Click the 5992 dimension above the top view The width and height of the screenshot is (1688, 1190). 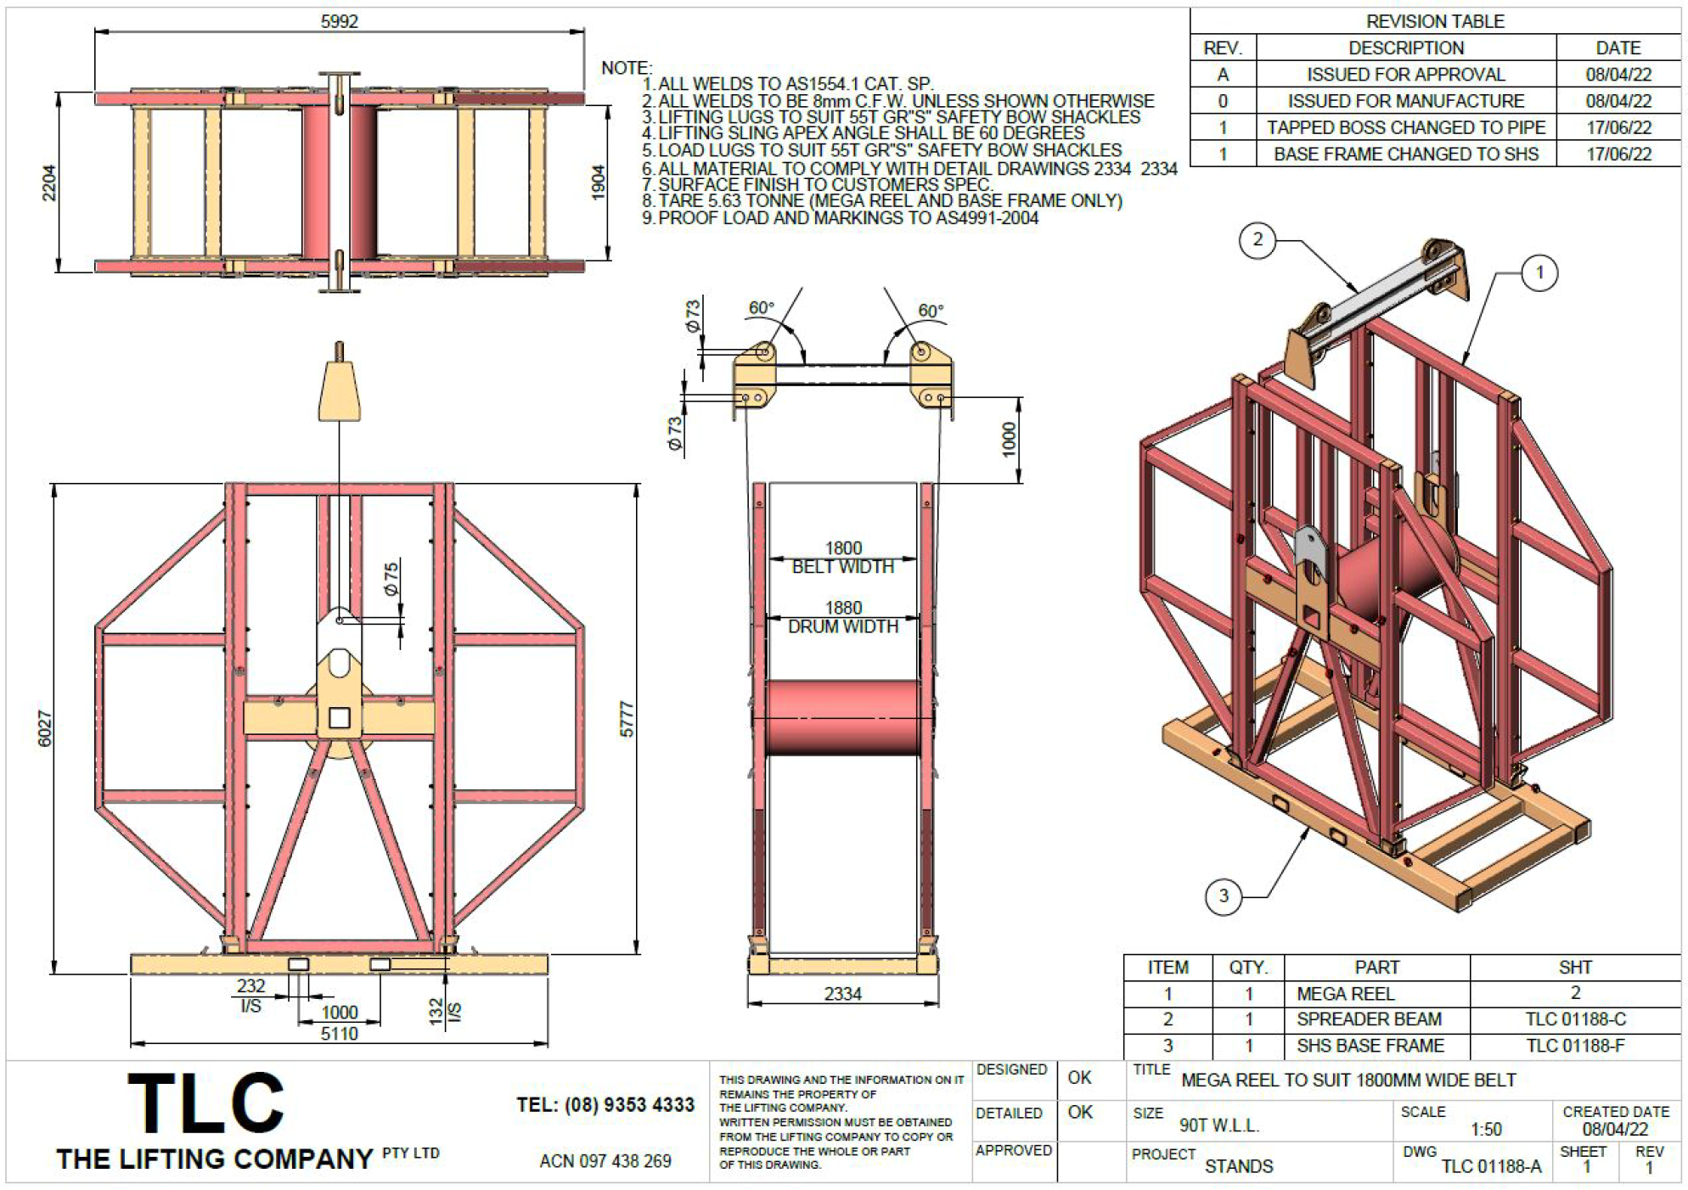pos(340,21)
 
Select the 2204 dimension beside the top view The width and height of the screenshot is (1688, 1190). pos(49,182)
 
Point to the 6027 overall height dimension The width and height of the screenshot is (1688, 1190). pos(45,729)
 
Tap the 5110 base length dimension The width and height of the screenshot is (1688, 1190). pos(339,1034)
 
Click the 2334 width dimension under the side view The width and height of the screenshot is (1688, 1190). pos(842,994)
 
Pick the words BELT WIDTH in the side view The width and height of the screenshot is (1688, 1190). pos(842,567)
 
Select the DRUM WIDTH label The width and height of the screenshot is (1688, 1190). pos(842,626)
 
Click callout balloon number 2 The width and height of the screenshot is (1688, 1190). pos(1258,240)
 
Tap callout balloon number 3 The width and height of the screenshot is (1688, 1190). pos(1224,896)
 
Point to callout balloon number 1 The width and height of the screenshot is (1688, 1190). pos(1540,273)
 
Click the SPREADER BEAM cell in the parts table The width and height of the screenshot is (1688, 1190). pos(1369,1019)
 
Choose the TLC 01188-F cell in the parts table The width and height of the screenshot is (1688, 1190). pos(1575,1046)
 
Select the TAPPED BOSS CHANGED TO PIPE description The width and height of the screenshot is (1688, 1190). pos(1406,128)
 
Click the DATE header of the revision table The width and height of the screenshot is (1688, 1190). pos(1618,48)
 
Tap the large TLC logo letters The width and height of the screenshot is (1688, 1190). pos(206,1103)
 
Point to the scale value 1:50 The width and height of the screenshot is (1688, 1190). pos(1487,1130)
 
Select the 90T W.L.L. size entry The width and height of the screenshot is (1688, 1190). pos(1219,1126)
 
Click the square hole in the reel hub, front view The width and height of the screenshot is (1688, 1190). pos(340,718)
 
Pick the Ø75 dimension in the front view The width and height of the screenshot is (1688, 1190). pos(391,579)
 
